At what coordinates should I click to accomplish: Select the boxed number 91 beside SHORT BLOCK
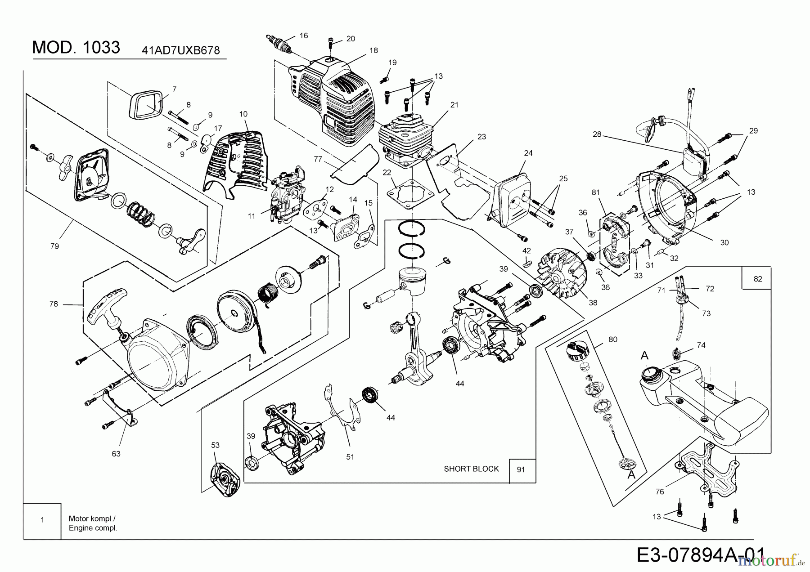coord(521,470)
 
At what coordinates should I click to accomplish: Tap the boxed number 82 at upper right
coord(758,279)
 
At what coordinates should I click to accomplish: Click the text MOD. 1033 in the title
coord(76,48)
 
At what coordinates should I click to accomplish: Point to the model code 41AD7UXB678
coord(180,50)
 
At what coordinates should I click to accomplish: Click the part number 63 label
coord(116,454)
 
